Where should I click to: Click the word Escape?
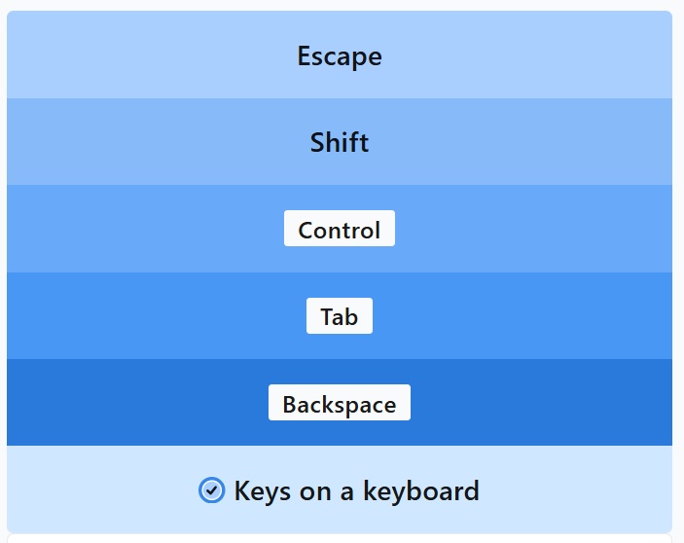[x=340, y=56]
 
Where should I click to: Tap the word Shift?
[x=340, y=142]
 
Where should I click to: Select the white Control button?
[x=340, y=229]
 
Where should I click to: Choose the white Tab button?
[x=340, y=315]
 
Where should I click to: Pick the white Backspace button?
[x=340, y=403]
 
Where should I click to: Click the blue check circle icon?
[x=211, y=489]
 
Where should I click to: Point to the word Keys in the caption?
[x=263, y=492]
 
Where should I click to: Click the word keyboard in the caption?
[x=421, y=490]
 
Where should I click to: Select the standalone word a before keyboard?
[x=346, y=492]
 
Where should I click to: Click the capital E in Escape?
[x=304, y=55]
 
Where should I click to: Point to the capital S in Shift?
[x=317, y=143]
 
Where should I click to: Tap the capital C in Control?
[x=306, y=230]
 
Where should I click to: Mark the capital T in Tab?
[x=328, y=316]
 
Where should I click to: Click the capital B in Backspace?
[x=290, y=404]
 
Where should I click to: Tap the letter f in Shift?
[x=355, y=142]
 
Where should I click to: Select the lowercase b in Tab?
[x=350, y=316]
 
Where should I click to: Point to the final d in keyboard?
[x=472, y=490]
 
